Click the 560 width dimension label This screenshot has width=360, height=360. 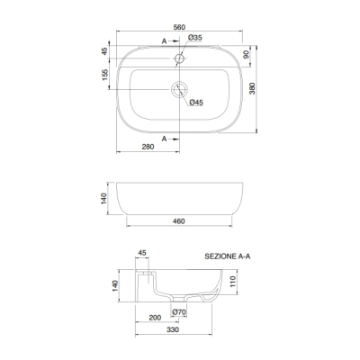coord(179,27)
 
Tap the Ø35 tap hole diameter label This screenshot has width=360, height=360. coord(195,38)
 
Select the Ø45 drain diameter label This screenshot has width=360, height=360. coord(196,103)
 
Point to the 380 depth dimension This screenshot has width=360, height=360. coord(252,88)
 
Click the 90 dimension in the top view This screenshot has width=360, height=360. coord(246,55)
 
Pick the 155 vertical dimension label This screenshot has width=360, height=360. coord(104,75)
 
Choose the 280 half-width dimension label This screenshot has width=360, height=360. coord(148,147)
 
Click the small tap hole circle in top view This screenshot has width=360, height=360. coord(179,58)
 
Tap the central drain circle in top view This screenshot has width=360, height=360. coord(179,89)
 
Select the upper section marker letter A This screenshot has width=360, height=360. coord(164,41)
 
